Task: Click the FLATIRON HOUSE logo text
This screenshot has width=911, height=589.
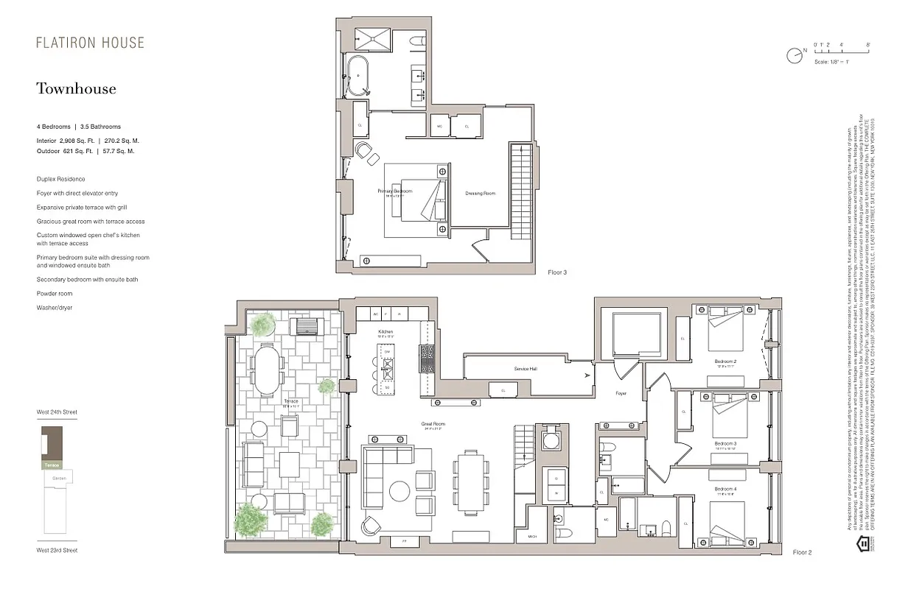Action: click(90, 43)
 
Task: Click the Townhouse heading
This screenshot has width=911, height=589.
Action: click(76, 89)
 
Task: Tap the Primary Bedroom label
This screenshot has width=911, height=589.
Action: click(395, 191)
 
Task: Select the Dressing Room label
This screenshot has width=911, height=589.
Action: click(480, 194)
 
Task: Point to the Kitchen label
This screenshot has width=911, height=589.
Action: click(386, 332)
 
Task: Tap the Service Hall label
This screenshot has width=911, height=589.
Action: click(527, 368)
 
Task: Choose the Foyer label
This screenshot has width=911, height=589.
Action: click(621, 394)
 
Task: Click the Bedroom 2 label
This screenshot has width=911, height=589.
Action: click(725, 361)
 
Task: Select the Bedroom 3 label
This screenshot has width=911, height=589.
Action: click(725, 443)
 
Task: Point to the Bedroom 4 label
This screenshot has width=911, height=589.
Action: click(725, 489)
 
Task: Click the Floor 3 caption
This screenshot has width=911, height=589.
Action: click(557, 272)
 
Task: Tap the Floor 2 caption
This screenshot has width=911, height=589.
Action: click(801, 552)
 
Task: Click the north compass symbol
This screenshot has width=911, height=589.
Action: click(795, 54)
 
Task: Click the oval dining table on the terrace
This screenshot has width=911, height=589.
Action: click(267, 370)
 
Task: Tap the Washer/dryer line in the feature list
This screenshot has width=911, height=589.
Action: click(55, 307)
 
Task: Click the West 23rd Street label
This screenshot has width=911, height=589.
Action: click(57, 550)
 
